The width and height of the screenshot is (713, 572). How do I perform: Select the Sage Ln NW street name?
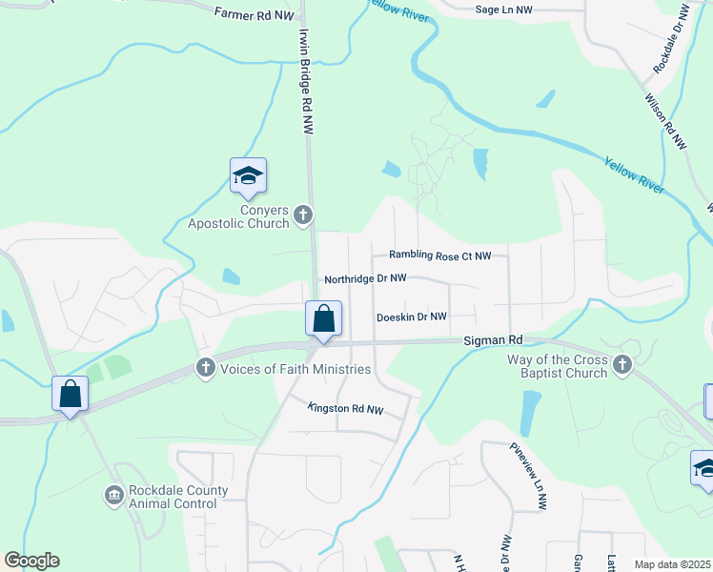(x=503, y=9)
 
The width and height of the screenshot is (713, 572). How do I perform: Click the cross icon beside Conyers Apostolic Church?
(x=303, y=214)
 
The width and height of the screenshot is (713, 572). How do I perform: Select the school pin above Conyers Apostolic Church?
(x=248, y=176)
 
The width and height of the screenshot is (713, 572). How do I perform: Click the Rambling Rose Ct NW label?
(x=439, y=255)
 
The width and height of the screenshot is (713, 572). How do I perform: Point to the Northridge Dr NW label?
(x=365, y=279)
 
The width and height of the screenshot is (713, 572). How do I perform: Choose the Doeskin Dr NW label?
(x=412, y=317)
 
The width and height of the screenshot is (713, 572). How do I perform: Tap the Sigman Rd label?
(x=494, y=339)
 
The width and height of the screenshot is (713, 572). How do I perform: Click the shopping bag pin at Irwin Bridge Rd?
(x=323, y=318)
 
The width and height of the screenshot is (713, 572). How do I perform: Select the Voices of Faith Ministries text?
(x=295, y=369)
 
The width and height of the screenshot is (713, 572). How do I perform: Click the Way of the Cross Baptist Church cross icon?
(x=622, y=363)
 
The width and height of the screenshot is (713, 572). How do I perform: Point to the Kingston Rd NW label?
(x=346, y=409)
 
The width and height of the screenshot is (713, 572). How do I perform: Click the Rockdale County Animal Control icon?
(x=113, y=496)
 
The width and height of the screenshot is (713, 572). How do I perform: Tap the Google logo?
(x=31, y=561)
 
